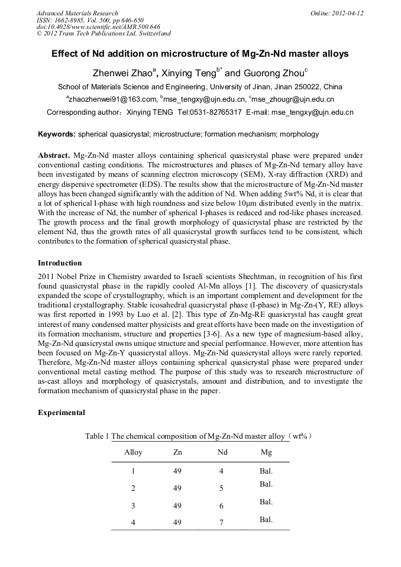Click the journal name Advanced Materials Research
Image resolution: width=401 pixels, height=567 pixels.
coord(77,13)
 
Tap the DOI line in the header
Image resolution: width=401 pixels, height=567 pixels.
coord(98,27)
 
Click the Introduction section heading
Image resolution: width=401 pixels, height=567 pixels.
coord(60,263)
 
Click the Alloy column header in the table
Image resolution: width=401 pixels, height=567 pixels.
coord(133,452)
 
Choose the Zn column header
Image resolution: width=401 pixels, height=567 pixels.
coord(177,452)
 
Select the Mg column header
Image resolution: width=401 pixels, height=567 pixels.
coord(266,452)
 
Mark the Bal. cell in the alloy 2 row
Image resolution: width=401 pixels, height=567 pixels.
coord(266,484)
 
